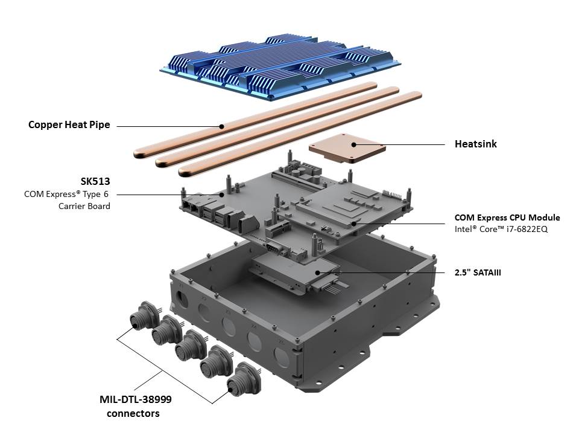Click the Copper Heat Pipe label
(x=69, y=125)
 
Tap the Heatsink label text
(x=475, y=144)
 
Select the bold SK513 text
(x=95, y=181)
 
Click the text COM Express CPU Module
(x=507, y=217)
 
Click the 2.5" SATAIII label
(x=478, y=272)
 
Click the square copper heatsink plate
(x=346, y=147)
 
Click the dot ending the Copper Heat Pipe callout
(x=222, y=126)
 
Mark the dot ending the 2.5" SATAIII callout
(x=317, y=272)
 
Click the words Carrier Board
(x=84, y=206)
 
